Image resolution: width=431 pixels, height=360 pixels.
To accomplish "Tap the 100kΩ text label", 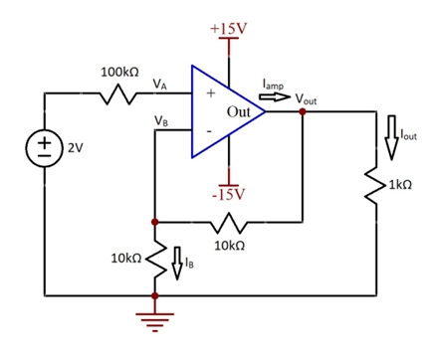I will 119,73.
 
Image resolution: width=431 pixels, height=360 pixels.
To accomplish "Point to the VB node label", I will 160,120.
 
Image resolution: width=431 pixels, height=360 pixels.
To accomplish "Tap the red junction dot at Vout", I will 303,112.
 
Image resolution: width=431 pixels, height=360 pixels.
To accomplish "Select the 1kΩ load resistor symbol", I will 375,185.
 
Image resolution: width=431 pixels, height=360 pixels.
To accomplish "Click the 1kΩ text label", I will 401,186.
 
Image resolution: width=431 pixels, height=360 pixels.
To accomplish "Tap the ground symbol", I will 154,318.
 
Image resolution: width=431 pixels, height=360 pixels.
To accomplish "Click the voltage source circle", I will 45,147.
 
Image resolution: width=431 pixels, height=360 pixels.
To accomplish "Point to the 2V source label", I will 75,147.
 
